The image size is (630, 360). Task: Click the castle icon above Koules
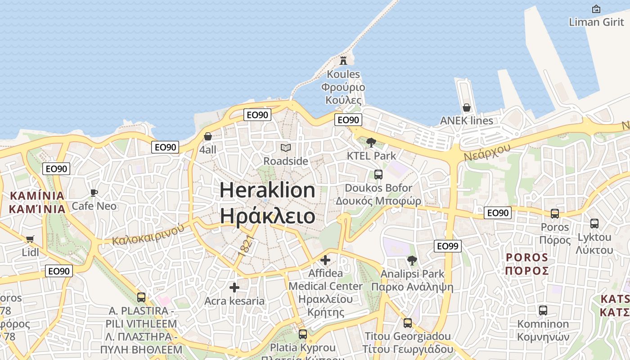[x=343, y=60]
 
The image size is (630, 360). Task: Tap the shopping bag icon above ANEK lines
[x=467, y=108]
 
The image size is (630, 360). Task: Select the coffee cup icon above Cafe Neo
[x=94, y=193]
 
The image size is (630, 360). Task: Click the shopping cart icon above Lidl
[x=30, y=239]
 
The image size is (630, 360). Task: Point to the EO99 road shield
[x=448, y=246]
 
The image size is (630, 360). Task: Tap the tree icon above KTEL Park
[x=371, y=143]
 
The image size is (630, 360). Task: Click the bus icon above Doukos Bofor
[x=378, y=174]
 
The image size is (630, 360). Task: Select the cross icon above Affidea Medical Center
[x=325, y=260]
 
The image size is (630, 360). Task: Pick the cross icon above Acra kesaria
[x=234, y=288]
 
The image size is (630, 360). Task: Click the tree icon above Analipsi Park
[x=412, y=260]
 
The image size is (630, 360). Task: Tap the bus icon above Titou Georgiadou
[x=408, y=323]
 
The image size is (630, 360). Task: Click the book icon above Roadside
[x=286, y=148]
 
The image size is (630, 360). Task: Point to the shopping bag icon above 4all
[x=208, y=136]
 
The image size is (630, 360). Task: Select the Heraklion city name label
[x=267, y=202]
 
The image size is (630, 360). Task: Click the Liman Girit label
[x=596, y=22]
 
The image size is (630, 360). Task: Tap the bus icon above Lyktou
[x=594, y=223]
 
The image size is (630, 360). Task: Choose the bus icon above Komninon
[x=543, y=310]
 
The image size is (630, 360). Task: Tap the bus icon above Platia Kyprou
[x=303, y=334]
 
